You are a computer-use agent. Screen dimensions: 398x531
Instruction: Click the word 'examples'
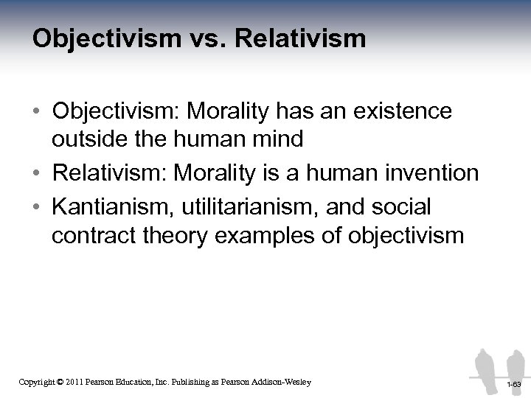click(x=268, y=237)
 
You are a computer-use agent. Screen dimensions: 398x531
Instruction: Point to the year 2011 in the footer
click(x=75, y=382)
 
